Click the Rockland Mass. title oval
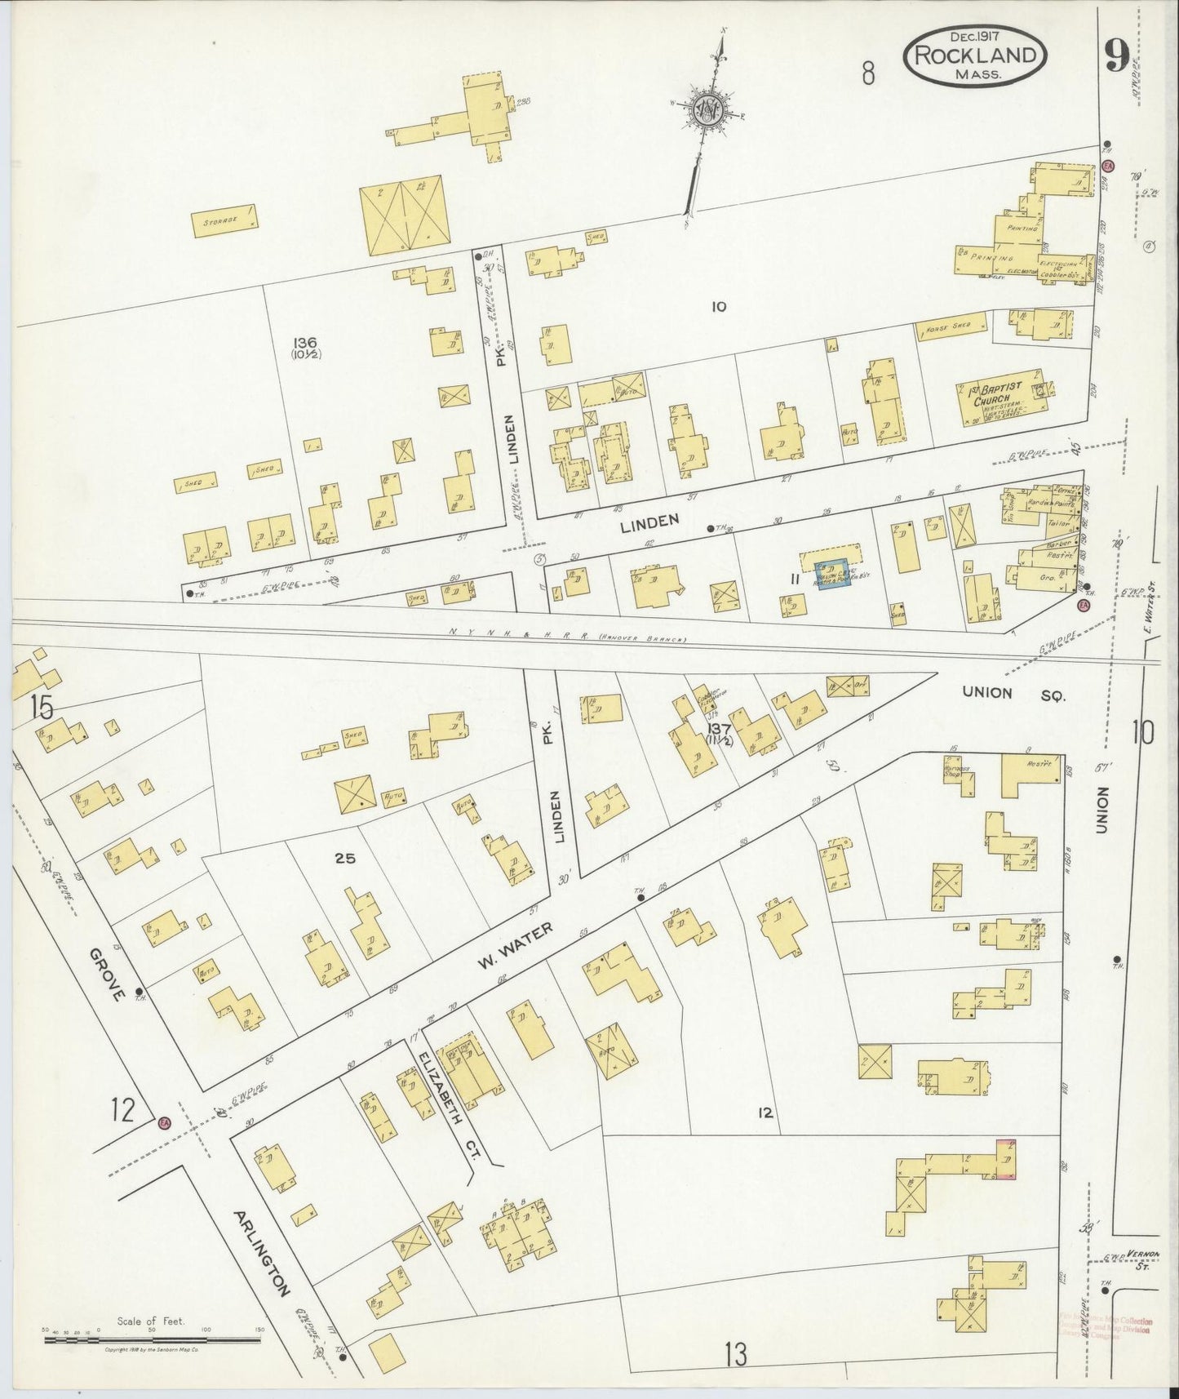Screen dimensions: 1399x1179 (974, 56)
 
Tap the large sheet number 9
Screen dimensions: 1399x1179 (1116, 56)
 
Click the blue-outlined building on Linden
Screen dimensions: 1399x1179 (834, 572)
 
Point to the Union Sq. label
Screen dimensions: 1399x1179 (1014, 694)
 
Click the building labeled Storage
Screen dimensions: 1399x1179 (226, 220)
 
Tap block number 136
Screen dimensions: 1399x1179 (307, 343)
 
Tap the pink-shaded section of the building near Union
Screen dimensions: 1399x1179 (1005, 1160)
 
